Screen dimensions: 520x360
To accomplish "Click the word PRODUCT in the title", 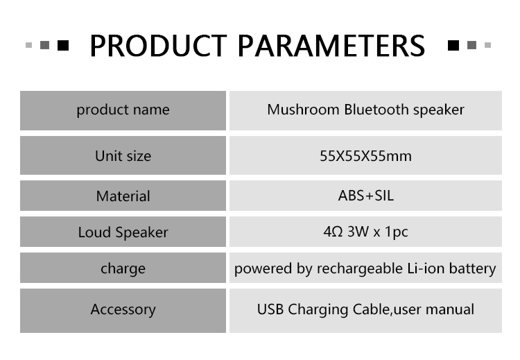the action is [158, 46].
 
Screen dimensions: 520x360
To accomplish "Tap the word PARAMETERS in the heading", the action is [331, 46].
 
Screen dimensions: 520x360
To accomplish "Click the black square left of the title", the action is [63, 45].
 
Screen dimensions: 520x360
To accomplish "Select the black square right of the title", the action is [453, 45].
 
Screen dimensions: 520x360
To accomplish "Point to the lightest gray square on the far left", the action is [29, 45].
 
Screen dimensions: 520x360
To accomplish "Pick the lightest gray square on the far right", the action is [487, 45].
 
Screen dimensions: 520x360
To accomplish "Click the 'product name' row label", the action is [123, 110].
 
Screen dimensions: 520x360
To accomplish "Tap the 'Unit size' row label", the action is [123, 155].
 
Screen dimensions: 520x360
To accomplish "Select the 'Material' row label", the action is [123, 196].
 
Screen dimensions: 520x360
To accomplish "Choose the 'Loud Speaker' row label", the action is [123, 232].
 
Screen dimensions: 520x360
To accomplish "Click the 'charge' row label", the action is [123, 268].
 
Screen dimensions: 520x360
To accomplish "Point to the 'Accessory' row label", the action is [123, 309].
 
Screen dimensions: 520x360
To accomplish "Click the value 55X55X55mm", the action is [365, 156].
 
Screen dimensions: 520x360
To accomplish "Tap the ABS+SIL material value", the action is [366, 196].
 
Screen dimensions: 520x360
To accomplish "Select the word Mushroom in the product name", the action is [303, 110].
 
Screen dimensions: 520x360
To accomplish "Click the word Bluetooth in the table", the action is [376, 110].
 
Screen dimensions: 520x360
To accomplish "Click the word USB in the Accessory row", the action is [270, 309].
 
